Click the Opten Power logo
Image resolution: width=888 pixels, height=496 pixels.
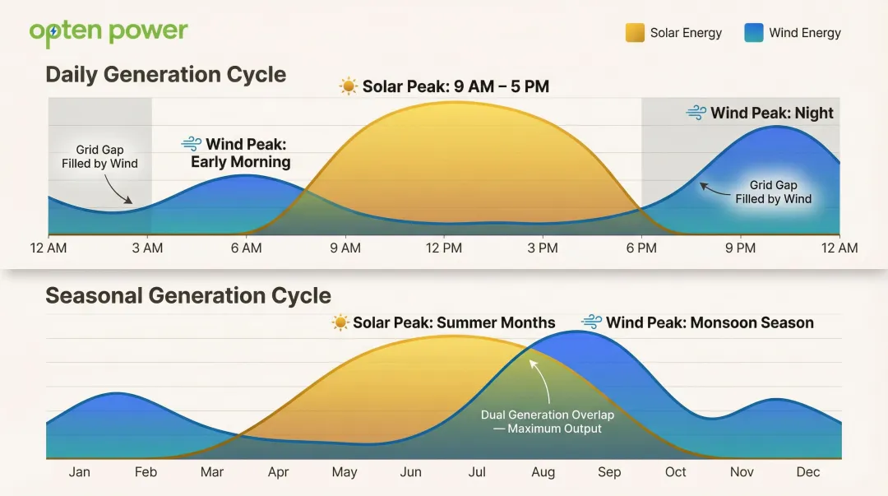coord(109,32)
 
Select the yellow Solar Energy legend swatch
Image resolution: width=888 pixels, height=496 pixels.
coord(635,33)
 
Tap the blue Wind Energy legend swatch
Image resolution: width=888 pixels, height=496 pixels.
coord(754,33)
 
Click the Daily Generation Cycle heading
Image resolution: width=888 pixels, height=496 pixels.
coord(165,75)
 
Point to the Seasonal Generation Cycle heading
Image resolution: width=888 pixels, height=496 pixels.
coord(187,296)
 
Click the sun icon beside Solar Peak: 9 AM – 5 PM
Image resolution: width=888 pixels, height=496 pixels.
coord(349,86)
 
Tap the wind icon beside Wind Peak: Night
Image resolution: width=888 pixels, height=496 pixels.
coord(696,113)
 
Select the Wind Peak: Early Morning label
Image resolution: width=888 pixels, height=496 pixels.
coord(241,153)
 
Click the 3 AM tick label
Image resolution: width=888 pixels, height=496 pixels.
coord(147,248)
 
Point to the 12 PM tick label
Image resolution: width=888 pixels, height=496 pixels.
coord(444,248)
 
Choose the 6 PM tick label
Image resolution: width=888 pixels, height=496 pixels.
coord(641,248)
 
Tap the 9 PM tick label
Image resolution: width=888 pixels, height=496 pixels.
coord(740,248)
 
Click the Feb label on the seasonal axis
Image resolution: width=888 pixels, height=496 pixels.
coord(146,472)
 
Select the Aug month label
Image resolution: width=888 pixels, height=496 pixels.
coord(543,472)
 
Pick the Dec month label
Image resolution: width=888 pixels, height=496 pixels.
coord(807,472)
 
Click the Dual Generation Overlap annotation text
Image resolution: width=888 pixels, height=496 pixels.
coord(547,421)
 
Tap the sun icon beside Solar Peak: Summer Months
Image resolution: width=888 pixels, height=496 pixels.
coord(340,322)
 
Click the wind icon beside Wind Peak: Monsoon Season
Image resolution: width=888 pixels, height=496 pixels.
coord(592,322)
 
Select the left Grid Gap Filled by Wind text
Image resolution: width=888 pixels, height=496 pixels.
coord(99,156)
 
